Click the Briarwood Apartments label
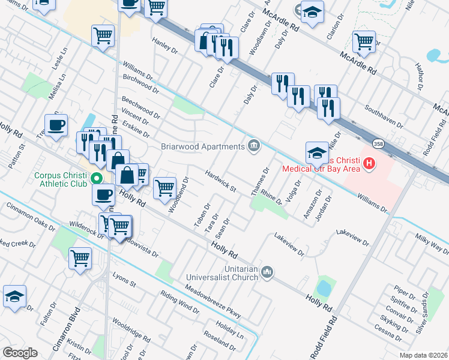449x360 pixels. [x=202, y=146]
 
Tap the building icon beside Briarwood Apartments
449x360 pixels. [x=254, y=145]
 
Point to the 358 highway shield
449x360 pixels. [x=378, y=145]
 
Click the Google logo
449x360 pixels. [x=20, y=352]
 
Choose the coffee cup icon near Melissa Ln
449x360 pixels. [x=56, y=125]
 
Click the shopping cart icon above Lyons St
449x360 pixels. [x=80, y=258]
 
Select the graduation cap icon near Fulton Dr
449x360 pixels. [x=14, y=296]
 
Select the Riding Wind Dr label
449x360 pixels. [x=179, y=302]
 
